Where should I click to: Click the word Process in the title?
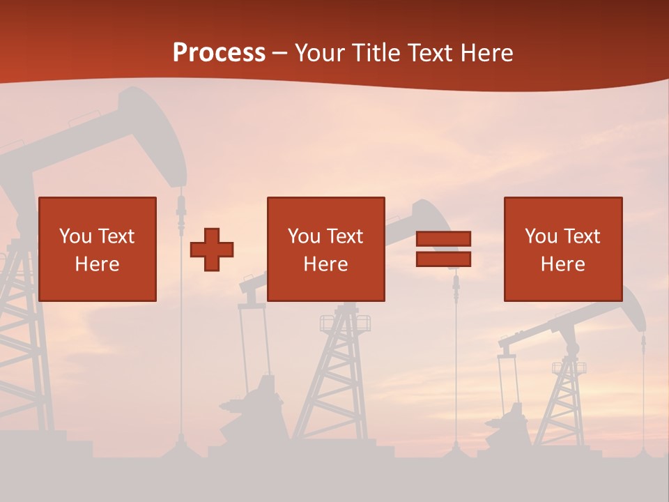click(x=219, y=53)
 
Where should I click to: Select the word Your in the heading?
click(x=321, y=53)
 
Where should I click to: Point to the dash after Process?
click(x=279, y=54)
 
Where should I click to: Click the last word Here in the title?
click(x=486, y=53)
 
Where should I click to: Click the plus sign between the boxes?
click(x=212, y=250)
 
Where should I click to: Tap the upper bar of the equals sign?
click(x=443, y=239)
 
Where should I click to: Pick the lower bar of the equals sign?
click(x=443, y=259)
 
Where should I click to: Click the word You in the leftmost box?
click(x=75, y=236)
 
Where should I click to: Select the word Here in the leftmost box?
click(x=97, y=264)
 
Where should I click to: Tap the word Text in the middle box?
click(x=344, y=236)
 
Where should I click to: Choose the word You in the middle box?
click(x=304, y=236)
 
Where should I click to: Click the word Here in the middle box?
click(x=325, y=264)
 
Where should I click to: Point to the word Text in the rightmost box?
click(x=581, y=236)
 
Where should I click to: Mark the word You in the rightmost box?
click(x=541, y=236)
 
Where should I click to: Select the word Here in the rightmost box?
click(x=562, y=264)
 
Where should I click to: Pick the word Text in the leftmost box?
click(x=116, y=236)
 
